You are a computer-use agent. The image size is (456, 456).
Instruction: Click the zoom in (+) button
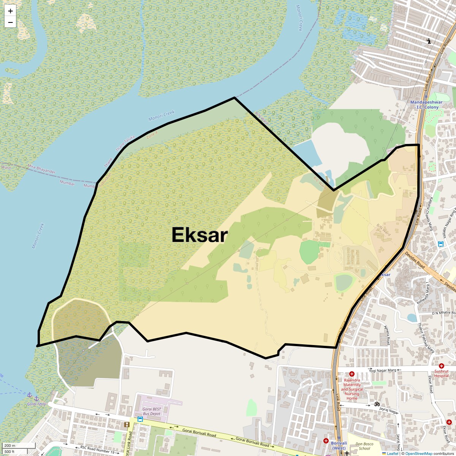coord(10,11)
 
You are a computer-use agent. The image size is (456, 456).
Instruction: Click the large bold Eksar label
coord(199,235)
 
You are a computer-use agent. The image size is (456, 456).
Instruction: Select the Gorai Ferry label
coord(36,404)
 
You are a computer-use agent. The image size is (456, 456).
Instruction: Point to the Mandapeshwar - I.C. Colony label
coord(426,105)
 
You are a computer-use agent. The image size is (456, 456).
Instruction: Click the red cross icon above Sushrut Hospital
coord(441,366)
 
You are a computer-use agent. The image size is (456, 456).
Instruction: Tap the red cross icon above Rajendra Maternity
coord(352,374)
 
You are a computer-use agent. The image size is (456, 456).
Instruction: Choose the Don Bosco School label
coord(364,446)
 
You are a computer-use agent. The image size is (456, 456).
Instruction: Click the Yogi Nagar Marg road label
coord(383,370)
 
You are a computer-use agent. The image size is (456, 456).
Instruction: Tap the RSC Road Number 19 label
coord(97,450)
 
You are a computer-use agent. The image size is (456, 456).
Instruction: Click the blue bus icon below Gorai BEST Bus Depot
coord(140,419)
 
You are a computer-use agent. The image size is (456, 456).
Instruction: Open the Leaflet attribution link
coord(393,453)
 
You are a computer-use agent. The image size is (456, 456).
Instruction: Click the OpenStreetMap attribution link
coord(418,453)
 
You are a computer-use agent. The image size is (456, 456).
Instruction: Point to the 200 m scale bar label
coord(10,446)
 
